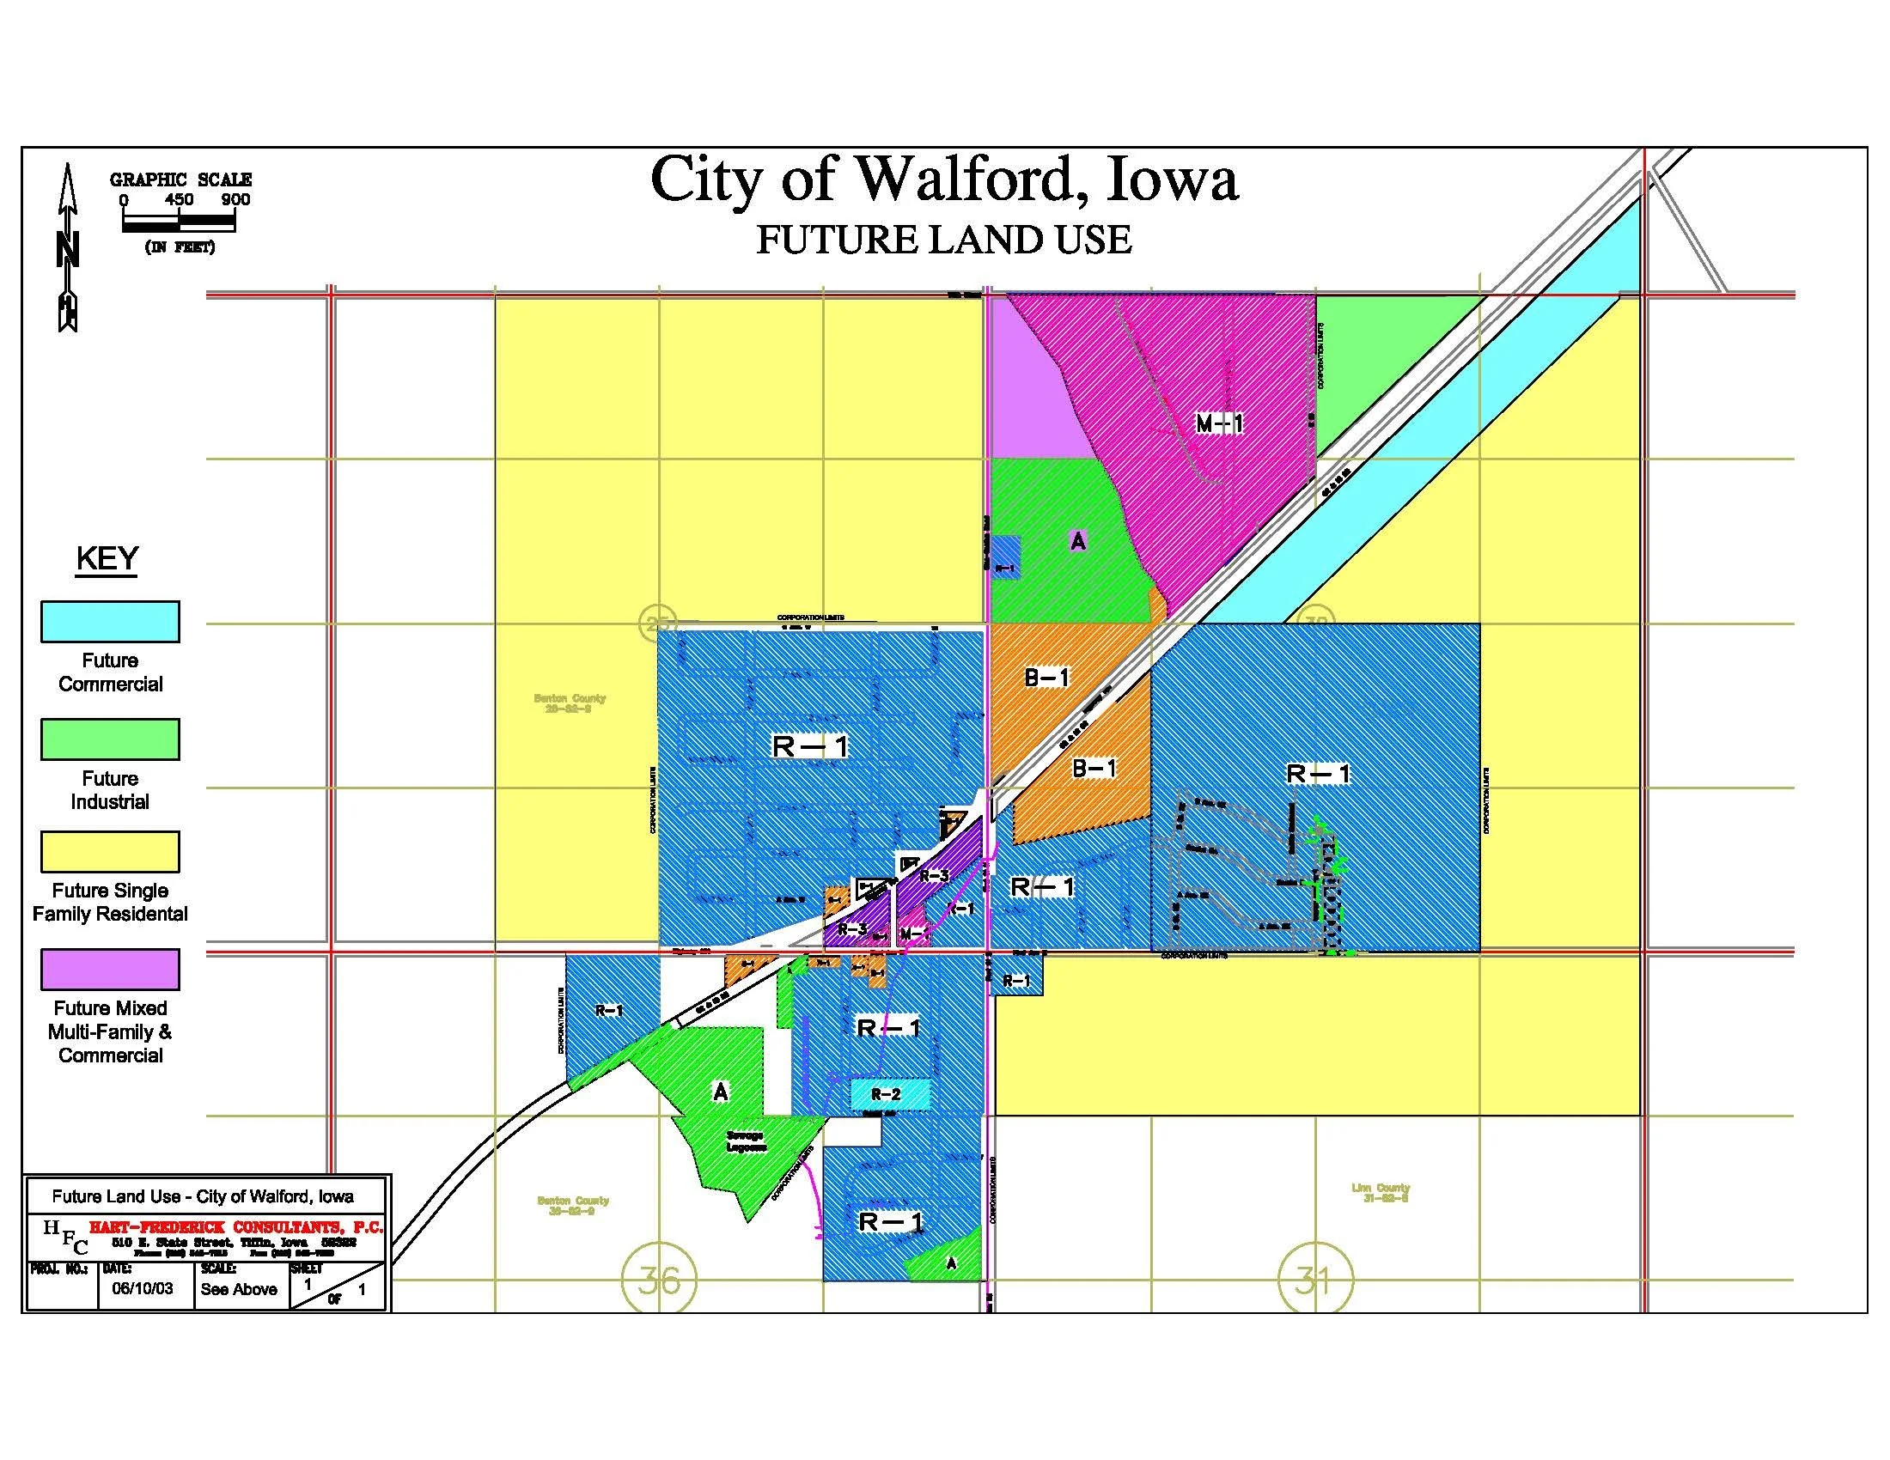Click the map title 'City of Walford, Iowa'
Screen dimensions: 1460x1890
[943, 179]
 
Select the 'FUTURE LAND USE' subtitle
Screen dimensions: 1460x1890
[943, 240]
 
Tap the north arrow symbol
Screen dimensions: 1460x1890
[68, 248]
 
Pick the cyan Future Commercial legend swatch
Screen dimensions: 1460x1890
[110, 621]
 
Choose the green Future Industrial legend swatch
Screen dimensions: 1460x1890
[110, 739]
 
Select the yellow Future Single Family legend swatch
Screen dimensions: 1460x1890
[110, 852]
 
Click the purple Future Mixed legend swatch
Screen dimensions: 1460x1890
[110, 969]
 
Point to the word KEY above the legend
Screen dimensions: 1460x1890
[107, 559]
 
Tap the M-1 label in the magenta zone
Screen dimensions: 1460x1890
[1219, 423]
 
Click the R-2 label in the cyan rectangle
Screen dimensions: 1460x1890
[885, 1094]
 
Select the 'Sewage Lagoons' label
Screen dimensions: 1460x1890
[745, 1141]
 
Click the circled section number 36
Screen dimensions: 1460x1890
[659, 1280]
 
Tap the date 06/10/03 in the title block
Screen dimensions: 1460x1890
[142, 1289]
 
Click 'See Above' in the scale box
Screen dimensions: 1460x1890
[239, 1289]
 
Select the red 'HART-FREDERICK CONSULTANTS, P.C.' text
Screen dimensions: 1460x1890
[236, 1227]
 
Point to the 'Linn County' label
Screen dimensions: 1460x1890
[1381, 1189]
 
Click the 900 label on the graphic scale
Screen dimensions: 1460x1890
[235, 200]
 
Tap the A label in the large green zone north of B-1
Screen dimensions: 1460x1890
[1077, 541]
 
